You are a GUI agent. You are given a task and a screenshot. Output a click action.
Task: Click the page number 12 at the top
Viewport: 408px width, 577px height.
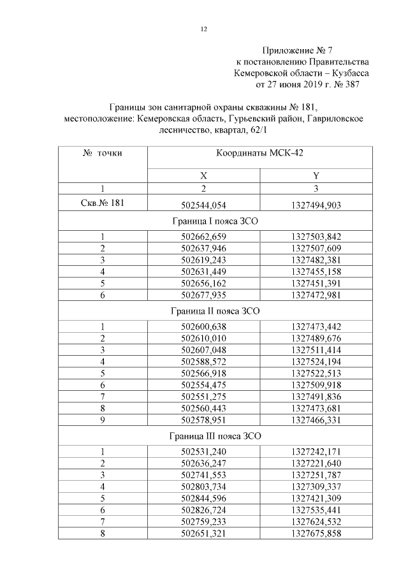(204, 29)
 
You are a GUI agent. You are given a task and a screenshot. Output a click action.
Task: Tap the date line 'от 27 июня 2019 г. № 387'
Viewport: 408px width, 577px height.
(308, 84)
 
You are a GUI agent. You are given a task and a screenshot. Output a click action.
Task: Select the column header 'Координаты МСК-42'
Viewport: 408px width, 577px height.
(259, 153)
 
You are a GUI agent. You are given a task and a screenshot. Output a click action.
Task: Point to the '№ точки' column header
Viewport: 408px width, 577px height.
(103, 153)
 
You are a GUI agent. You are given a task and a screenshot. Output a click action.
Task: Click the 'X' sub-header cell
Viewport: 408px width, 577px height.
(204, 175)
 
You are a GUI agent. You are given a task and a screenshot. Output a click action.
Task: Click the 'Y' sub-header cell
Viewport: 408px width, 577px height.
(316, 175)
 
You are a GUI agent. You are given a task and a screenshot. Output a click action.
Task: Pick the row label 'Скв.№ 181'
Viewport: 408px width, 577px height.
(103, 203)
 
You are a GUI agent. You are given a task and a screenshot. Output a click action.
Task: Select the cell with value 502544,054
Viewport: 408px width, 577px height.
(204, 205)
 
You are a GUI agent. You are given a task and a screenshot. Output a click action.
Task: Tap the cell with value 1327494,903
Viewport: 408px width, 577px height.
(316, 205)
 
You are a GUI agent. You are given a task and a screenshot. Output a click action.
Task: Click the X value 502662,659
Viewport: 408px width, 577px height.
(204, 237)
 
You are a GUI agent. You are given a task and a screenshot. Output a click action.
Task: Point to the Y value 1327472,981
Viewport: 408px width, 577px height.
(316, 296)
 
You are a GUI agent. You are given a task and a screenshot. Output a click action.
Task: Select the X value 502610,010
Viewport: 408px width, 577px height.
(204, 339)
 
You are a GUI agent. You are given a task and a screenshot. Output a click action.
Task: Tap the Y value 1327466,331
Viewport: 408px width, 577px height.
(316, 421)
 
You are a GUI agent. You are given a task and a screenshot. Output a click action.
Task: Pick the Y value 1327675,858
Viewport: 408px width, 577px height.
(316, 533)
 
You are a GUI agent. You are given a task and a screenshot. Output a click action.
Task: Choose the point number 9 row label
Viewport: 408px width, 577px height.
(103, 421)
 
